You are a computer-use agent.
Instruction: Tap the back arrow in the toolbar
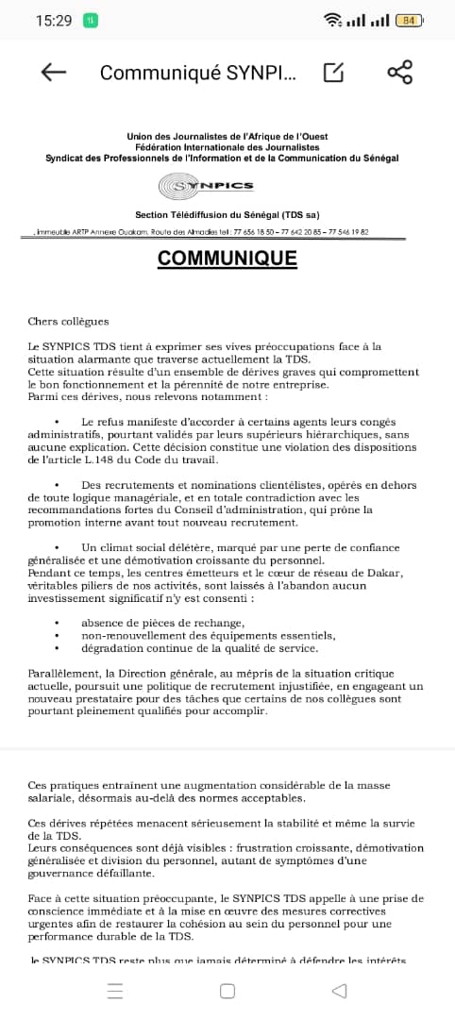[54, 73]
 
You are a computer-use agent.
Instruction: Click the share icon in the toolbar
[400, 73]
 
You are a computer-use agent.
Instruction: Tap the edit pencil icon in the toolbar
[334, 73]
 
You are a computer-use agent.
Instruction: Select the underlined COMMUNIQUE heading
[227, 259]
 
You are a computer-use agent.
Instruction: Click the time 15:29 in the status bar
[54, 20]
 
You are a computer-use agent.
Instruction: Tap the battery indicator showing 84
[409, 20]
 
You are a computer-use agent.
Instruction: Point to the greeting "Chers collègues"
[68, 322]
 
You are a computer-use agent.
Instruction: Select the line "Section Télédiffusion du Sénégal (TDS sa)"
[227, 215]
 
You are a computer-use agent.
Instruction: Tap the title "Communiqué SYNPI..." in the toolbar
[197, 73]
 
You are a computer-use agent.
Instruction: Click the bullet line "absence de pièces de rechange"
[163, 623]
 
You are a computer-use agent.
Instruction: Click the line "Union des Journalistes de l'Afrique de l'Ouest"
[227, 137]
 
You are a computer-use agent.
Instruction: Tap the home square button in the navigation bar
[227, 991]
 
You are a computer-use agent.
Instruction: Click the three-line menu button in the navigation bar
[115, 991]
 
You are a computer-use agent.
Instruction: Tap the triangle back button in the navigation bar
[339, 991]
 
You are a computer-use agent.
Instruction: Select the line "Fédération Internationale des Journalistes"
[227, 147]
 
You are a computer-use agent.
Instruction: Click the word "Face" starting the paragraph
[41, 898]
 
